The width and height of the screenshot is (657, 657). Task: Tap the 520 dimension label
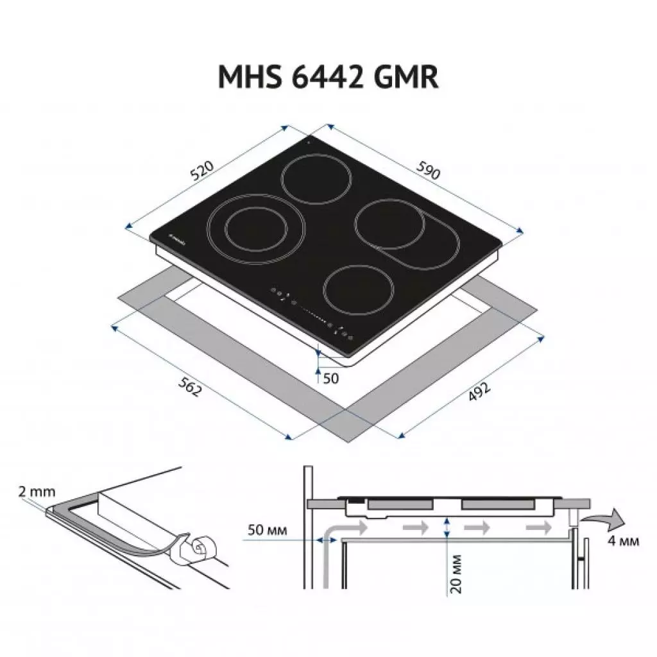coord(201,170)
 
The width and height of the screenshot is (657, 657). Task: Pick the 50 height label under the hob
coord(330,379)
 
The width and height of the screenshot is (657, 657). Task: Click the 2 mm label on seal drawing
coord(37,492)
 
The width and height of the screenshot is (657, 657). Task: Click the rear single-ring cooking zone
coord(318,180)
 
